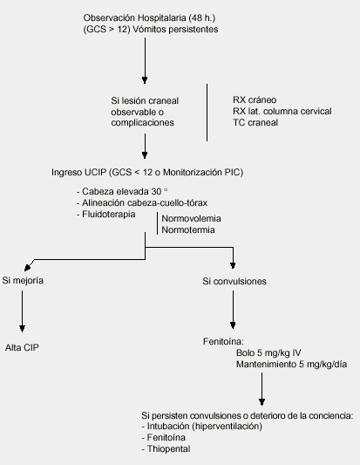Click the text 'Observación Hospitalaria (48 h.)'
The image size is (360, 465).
[x=149, y=18]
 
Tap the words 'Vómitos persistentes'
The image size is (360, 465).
[x=176, y=30]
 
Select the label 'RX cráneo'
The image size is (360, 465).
[x=255, y=100]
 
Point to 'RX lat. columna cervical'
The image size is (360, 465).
[x=282, y=111]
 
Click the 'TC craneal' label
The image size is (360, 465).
[x=255, y=122]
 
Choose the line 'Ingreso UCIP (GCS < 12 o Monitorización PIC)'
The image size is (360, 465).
[x=147, y=172]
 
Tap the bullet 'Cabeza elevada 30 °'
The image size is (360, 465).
[x=122, y=192]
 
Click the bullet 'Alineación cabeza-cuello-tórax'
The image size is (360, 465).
[x=142, y=203]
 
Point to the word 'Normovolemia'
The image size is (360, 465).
[x=191, y=219]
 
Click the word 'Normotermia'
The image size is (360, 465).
[x=188, y=229]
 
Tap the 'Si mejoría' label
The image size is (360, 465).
[x=23, y=281]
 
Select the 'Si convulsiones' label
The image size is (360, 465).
[x=234, y=281]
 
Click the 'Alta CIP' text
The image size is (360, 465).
[x=22, y=347]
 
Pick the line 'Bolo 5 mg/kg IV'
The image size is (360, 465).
[x=268, y=353]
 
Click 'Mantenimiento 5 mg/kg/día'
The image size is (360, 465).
[x=291, y=364]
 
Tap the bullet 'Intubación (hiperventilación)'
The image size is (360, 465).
[x=201, y=427]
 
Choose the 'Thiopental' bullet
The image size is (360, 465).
[x=166, y=449]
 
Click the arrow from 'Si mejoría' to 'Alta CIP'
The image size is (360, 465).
[x=22, y=311]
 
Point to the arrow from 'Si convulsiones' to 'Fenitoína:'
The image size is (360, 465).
[x=233, y=310]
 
